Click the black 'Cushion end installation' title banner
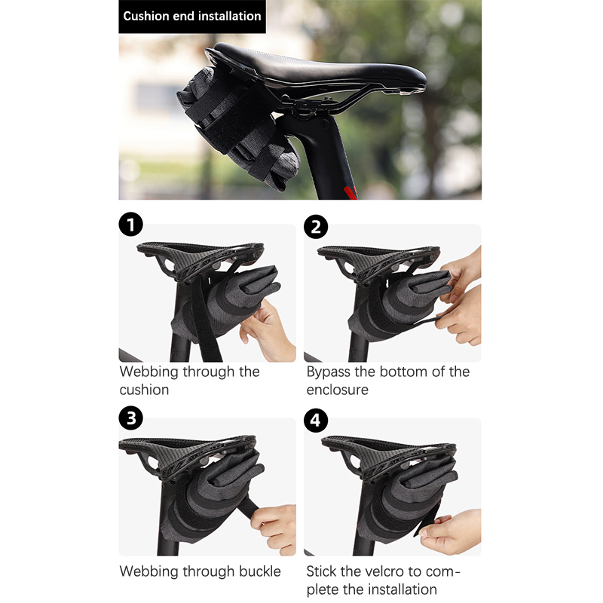click(192, 17)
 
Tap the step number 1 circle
click(130, 225)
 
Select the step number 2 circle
click(316, 227)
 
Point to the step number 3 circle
click(130, 418)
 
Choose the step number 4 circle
click(316, 421)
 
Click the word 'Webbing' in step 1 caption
click(149, 372)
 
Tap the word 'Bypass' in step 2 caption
click(329, 372)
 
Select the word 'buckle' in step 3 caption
click(260, 571)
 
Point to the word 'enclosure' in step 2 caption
click(337, 390)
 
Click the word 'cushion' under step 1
click(144, 390)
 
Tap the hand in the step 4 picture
click(450, 533)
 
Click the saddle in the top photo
click(315, 69)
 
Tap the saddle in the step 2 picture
click(379, 262)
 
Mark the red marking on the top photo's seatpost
click(350, 192)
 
